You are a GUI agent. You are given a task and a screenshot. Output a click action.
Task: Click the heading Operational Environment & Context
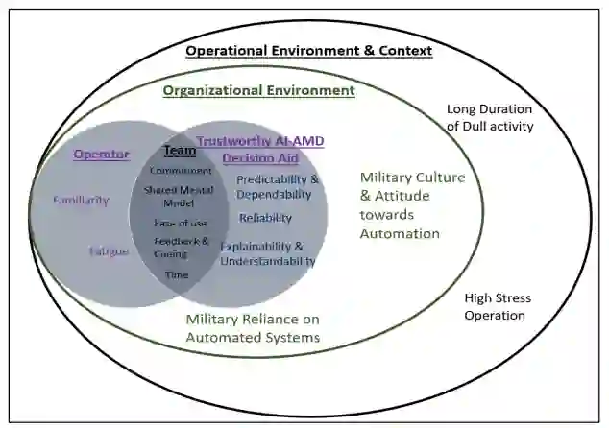point(308,50)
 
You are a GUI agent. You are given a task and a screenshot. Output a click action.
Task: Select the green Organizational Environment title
point(258,90)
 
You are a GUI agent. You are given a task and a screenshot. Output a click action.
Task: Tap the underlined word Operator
point(101,154)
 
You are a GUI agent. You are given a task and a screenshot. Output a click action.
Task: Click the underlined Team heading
point(180,151)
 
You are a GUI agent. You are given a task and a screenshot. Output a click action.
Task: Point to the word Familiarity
point(81,201)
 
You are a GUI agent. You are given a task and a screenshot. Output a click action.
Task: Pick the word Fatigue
point(109,250)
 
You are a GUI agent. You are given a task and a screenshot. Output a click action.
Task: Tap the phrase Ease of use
point(178,223)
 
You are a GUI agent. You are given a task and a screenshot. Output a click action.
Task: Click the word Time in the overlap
point(178,274)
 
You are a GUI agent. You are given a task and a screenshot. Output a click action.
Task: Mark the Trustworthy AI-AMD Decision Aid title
point(260,149)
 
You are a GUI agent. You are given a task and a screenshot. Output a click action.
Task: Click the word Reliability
point(265,218)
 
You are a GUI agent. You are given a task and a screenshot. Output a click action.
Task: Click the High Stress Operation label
point(497,306)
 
